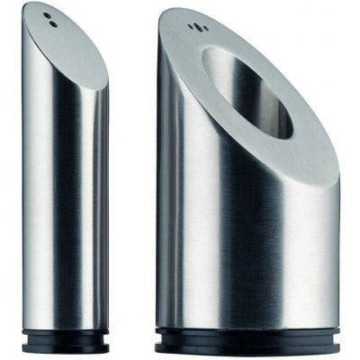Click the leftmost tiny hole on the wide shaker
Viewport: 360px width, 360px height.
(x=189, y=29)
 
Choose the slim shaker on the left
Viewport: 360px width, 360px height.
(x=67, y=180)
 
